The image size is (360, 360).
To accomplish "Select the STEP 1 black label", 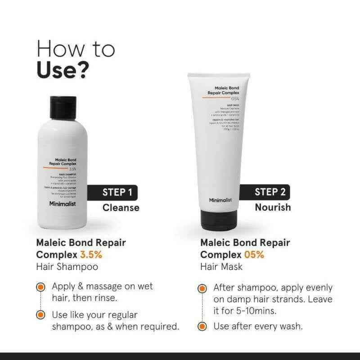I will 117,193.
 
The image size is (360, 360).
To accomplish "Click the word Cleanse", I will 121,208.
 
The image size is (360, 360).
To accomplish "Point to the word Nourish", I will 273,207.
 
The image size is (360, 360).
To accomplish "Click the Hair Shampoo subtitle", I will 67,266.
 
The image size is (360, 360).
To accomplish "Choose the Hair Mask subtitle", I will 221,266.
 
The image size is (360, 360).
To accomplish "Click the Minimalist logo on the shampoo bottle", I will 62,203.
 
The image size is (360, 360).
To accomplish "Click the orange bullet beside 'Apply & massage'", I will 41,287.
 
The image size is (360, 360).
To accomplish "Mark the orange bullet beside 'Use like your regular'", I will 41,315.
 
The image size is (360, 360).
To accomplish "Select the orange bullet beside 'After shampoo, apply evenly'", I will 203,288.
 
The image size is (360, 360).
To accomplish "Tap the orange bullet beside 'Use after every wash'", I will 203,326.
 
